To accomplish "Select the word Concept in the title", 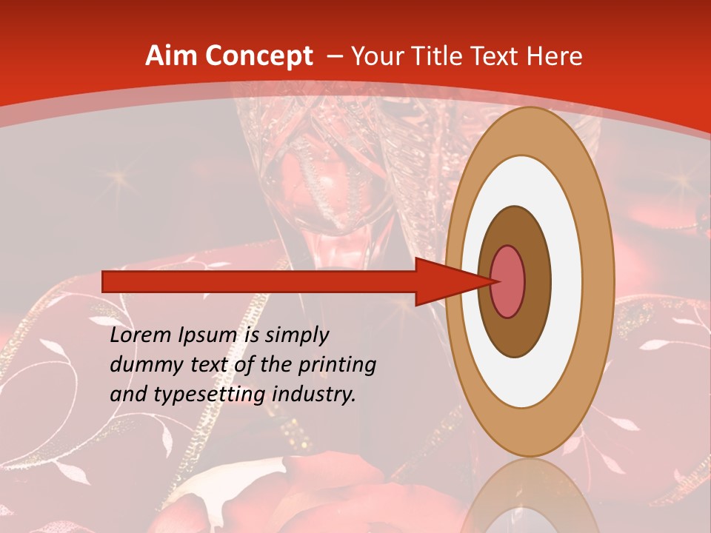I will pyautogui.click(x=258, y=56).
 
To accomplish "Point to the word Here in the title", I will pyautogui.click(x=555, y=56).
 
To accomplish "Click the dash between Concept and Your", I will pyautogui.click(x=334, y=56).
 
